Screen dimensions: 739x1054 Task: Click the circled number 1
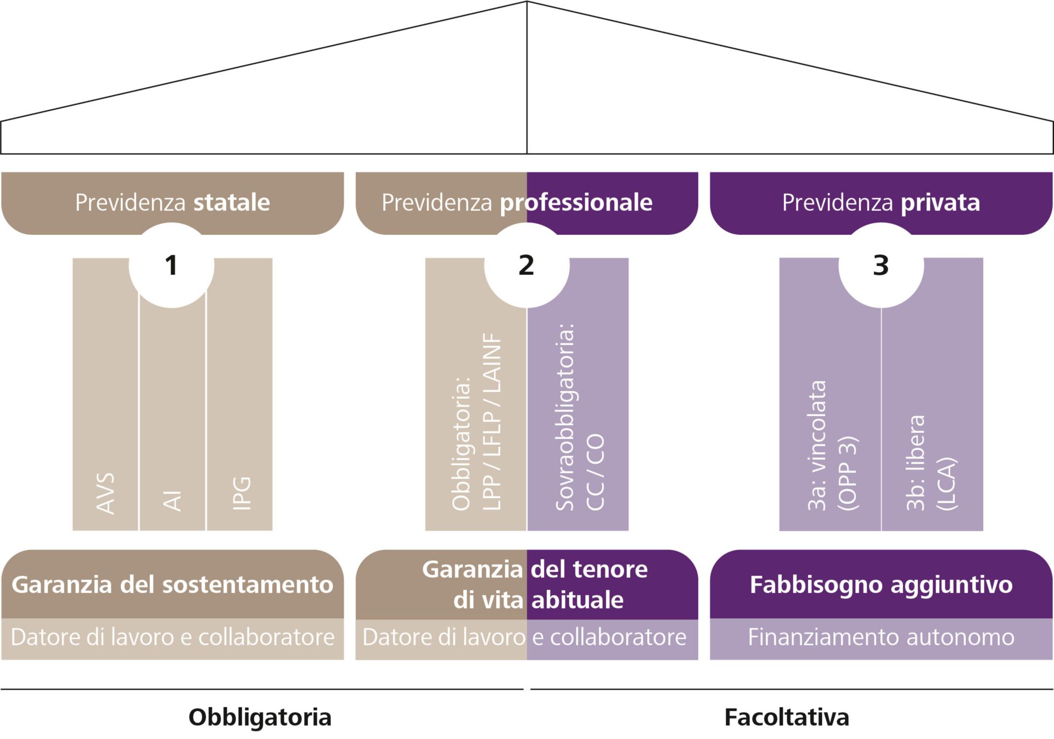[171, 266]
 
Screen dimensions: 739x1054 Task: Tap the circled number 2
[526, 266]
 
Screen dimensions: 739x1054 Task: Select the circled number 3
[881, 266]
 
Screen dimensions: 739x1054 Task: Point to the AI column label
[172, 500]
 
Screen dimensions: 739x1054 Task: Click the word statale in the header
[231, 202]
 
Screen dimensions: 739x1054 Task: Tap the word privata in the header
[940, 202]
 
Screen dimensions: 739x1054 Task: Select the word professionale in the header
[576, 202]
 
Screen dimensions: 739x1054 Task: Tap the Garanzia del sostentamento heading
[172, 584]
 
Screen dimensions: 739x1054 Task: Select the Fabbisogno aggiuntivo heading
[881, 584]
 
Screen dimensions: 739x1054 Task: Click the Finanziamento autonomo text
[881, 638]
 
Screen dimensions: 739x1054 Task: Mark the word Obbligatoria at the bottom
[260, 717]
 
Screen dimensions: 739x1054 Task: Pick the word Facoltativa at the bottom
[787, 717]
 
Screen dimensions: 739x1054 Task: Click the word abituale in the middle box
[577, 600]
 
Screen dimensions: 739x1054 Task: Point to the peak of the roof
[527, 2]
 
